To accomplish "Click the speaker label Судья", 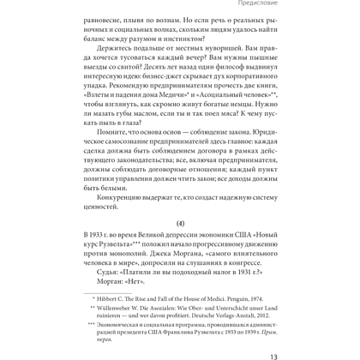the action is (x=126, y=273).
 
